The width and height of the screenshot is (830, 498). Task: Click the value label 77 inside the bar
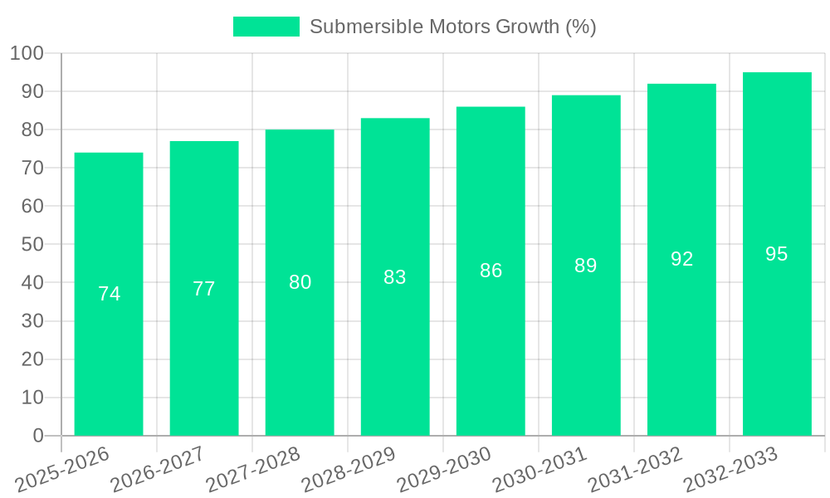pyautogui.click(x=204, y=289)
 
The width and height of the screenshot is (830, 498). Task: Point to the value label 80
pyautogui.click(x=300, y=282)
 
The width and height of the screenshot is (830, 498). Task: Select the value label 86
pyautogui.click(x=491, y=271)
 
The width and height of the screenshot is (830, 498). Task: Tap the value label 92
pyautogui.click(x=681, y=259)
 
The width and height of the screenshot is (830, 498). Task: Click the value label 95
pyautogui.click(x=777, y=254)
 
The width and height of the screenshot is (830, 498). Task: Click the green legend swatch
pyautogui.click(x=266, y=27)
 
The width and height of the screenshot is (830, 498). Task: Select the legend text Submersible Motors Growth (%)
pyautogui.click(x=453, y=27)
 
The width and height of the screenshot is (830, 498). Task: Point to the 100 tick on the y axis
pyautogui.click(x=27, y=53)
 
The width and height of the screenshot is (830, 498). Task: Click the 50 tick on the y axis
pyautogui.click(x=32, y=245)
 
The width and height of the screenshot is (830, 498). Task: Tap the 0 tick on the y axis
pyautogui.click(x=37, y=436)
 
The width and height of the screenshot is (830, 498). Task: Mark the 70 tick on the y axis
pyautogui.click(x=32, y=168)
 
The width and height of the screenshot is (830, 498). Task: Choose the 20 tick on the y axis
pyautogui.click(x=32, y=359)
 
